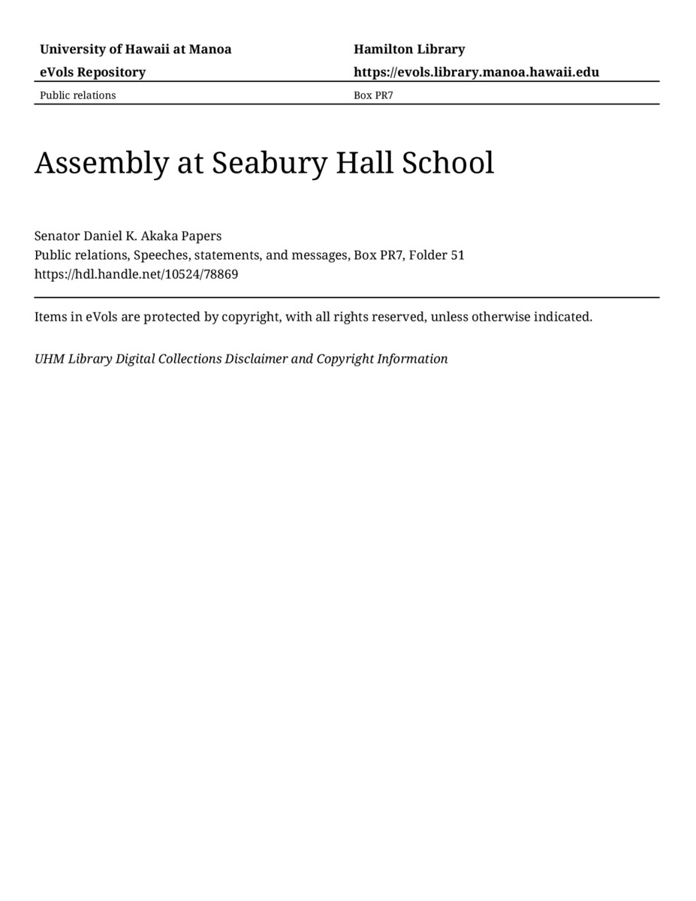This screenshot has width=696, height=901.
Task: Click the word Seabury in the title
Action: point(269,163)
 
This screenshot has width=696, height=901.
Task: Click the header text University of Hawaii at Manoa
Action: point(135,50)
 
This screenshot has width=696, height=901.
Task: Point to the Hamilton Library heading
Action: point(409,50)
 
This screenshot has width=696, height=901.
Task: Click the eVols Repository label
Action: point(92,72)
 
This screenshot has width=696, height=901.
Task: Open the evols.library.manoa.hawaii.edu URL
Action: point(476,72)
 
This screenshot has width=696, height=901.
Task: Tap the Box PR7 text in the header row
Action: point(373,95)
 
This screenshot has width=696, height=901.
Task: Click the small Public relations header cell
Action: point(77,95)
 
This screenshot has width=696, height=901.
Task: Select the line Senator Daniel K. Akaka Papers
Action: point(128,236)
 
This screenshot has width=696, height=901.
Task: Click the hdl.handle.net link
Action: point(136,274)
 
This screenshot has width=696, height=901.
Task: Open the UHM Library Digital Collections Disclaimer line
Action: point(240,359)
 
